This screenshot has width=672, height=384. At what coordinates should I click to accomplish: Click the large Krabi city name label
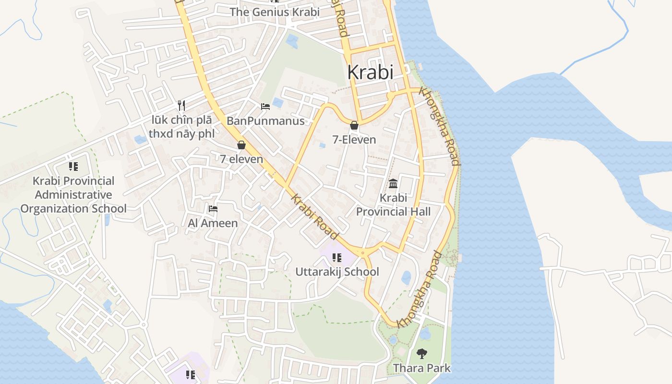370,72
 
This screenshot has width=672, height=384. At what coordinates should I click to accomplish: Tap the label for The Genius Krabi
275,12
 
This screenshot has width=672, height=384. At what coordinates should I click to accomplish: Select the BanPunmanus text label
265,120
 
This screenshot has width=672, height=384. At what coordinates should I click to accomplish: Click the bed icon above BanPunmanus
265,106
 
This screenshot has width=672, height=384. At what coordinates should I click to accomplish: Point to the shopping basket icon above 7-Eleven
354,126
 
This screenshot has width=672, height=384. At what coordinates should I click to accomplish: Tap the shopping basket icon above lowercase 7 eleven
241,144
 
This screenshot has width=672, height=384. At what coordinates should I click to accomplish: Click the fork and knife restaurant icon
181,106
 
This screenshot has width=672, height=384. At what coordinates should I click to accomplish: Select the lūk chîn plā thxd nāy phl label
181,127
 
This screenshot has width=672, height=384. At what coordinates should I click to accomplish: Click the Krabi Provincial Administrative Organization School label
73,195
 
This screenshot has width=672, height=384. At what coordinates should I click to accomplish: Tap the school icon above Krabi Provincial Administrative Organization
73,167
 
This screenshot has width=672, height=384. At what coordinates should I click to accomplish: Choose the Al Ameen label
213,223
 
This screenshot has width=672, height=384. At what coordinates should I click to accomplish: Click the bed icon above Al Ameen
213,209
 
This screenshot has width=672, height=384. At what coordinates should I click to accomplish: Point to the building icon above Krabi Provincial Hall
393,183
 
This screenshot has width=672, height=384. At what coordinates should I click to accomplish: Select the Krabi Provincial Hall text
393,204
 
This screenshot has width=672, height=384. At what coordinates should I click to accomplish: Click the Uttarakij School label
337,272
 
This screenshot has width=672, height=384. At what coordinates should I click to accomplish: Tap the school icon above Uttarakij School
337,258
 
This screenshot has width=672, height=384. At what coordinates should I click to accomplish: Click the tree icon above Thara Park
422,354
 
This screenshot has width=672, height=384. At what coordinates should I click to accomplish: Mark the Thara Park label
422,368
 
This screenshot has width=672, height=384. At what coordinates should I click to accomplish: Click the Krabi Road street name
314,217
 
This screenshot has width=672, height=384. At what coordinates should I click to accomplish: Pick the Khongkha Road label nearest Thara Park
420,290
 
